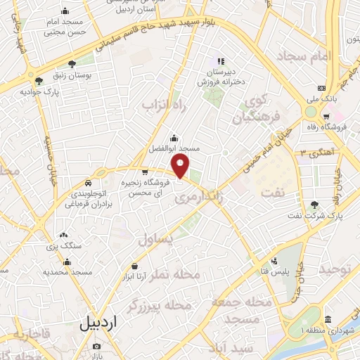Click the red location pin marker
tap(181, 167)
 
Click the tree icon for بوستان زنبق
tap(71, 65)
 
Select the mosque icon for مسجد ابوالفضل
tap(174, 138)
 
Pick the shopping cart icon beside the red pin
tap(145, 171)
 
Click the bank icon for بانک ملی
tap(321, 89)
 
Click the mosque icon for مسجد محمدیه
tap(67, 262)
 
